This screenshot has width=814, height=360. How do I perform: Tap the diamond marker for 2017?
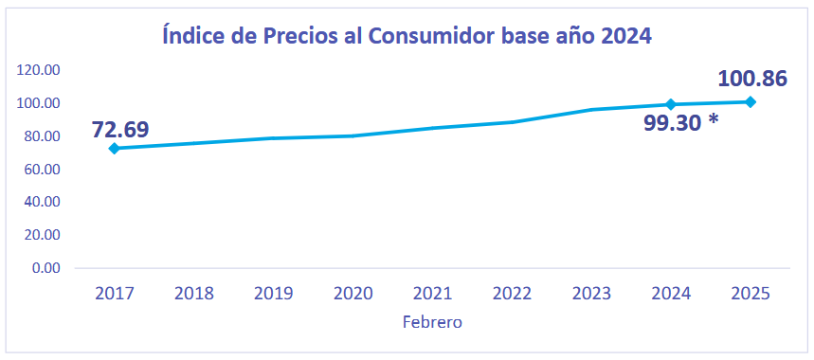point(115,149)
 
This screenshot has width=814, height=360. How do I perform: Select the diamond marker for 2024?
point(671,104)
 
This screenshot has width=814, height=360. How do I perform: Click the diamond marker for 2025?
point(751,101)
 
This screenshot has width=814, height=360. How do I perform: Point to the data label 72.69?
point(120,129)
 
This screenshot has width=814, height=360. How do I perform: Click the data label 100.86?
point(752,79)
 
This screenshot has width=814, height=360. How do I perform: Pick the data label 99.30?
point(672,123)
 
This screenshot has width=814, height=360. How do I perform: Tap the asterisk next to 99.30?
point(714,120)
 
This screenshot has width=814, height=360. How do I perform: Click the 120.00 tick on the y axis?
point(39,70)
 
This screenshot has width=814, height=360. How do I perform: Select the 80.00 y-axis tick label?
point(43,136)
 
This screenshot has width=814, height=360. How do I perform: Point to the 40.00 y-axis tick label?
point(43,203)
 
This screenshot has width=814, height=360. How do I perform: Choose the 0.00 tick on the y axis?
point(45,268)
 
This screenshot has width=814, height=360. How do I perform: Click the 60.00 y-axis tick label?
point(43,170)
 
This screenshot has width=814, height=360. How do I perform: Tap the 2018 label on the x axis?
point(193,294)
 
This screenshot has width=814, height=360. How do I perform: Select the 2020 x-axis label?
point(353,294)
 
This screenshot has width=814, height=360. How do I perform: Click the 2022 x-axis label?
point(512,294)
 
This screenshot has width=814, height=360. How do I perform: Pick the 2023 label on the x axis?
point(591,294)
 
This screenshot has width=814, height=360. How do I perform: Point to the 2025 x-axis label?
point(751,294)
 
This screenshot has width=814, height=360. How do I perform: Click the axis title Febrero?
point(432,322)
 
